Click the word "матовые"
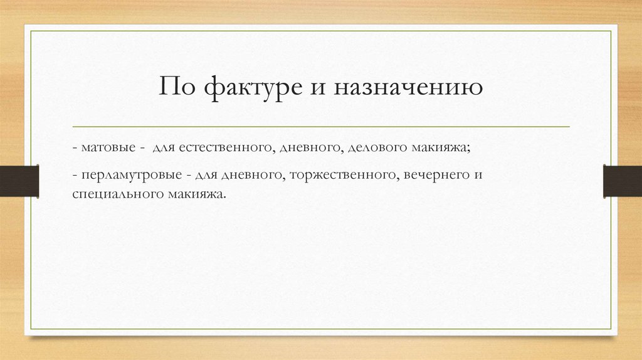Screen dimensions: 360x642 click(107, 148)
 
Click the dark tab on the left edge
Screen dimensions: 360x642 click(19, 180)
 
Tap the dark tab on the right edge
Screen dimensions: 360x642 click(623, 180)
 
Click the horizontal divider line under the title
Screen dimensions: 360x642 click(321, 127)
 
